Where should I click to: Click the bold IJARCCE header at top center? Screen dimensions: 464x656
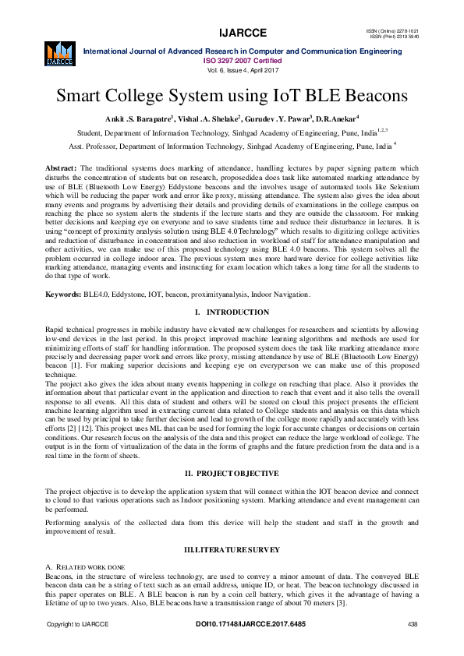(243, 33)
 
